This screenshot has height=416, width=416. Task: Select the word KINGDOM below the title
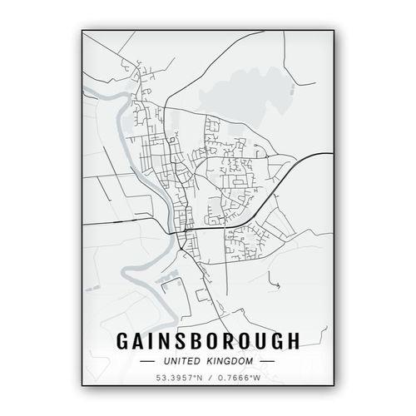(230, 361)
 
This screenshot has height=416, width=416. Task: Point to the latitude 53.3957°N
(176, 379)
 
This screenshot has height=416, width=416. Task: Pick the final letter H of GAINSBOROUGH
(293, 341)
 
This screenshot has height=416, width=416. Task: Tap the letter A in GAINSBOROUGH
(137, 341)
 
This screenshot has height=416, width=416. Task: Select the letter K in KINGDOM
(208, 361)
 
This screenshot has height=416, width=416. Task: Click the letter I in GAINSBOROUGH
(151, 341)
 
